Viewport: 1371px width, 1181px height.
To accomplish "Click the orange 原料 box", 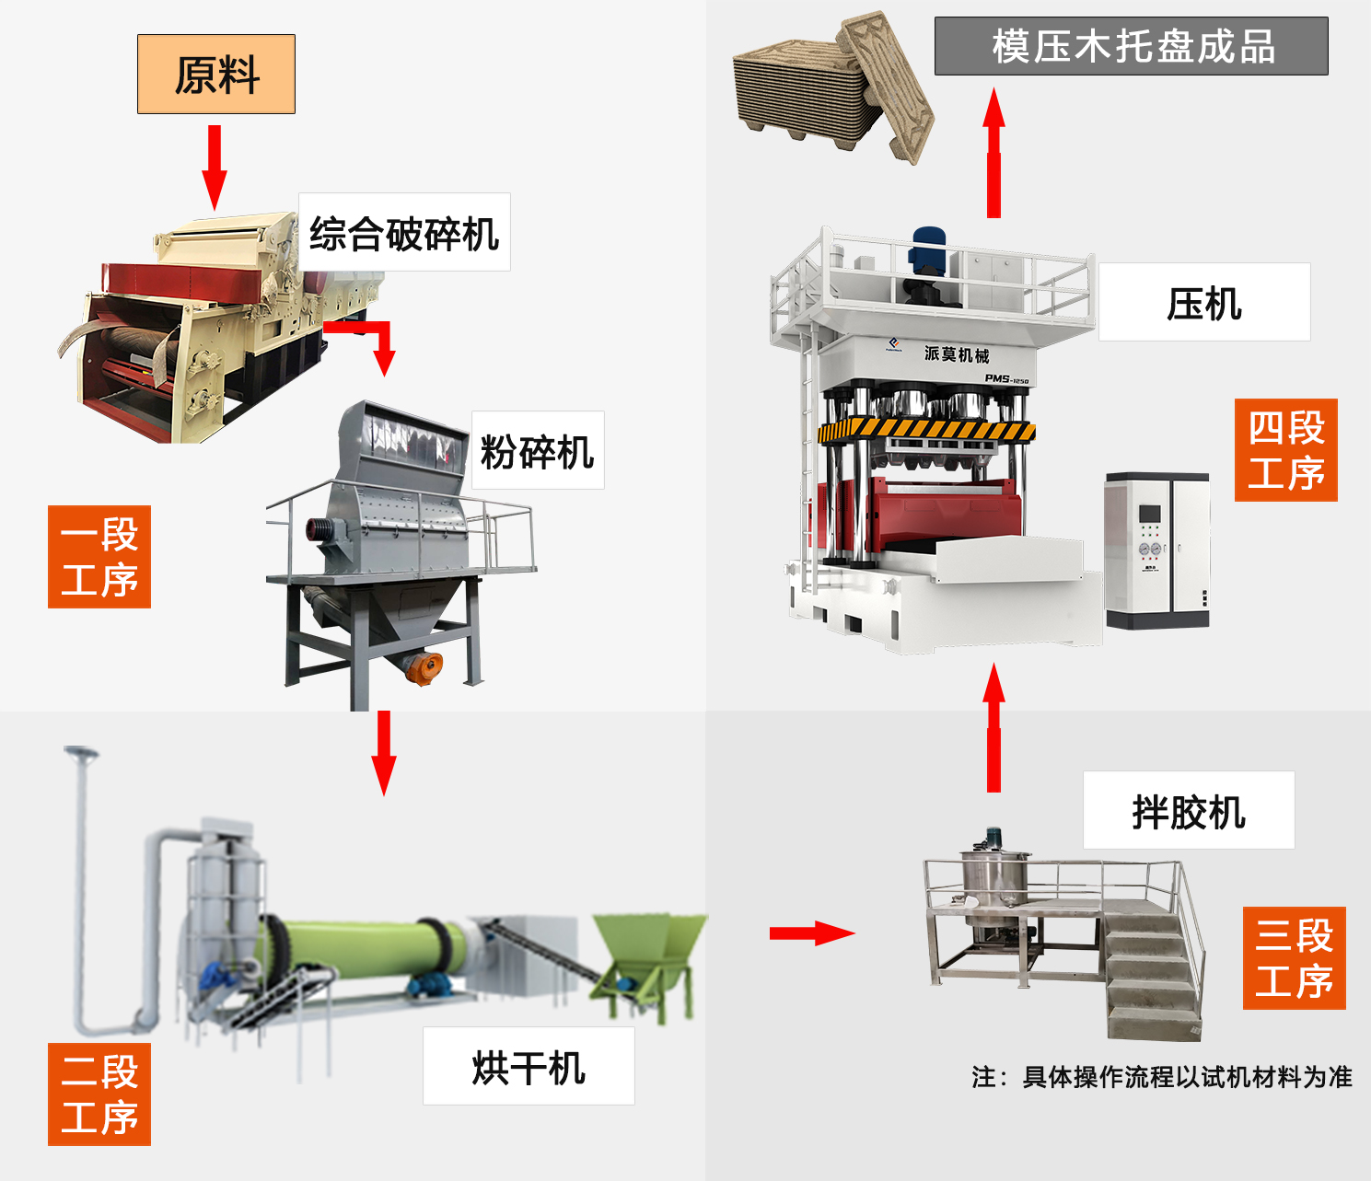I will (x=216, y=75).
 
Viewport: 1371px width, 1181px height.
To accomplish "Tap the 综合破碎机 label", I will (x=404, y=233).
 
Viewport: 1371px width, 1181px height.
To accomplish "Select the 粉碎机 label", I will (x=538, y=451).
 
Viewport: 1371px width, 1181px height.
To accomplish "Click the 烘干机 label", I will (x=529, y=1067).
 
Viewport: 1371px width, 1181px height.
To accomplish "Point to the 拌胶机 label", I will (x=1189, y=811).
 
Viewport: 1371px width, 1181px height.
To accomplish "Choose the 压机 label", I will (x=1204, y=303).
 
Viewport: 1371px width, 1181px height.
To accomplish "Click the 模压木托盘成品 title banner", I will (x=1132, y=46).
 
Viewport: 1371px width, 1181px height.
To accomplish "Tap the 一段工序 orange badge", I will (x=99, y=557).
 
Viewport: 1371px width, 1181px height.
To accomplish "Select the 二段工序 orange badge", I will (x=99, y=1094).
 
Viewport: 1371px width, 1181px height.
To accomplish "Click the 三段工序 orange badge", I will (x=1294, y=958).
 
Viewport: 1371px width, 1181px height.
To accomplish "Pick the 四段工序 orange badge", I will (x=1285, y=450).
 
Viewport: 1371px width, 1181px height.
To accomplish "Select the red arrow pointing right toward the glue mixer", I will (x=811, y=933).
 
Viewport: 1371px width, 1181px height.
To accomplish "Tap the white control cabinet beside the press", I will (x=1157, y=550).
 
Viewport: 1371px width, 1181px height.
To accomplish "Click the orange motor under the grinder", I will (x=424, y=666).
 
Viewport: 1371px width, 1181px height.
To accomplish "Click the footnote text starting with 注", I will (x=1162, y=1077).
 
